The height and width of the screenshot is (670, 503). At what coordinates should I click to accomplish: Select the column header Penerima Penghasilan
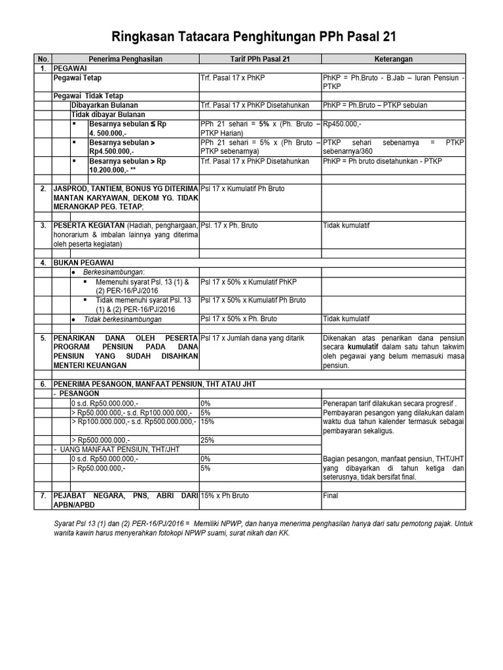coord(126,59)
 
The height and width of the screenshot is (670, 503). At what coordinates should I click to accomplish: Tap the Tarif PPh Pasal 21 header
coord(259,59)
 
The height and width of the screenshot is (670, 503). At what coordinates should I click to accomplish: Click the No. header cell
coord(43,59)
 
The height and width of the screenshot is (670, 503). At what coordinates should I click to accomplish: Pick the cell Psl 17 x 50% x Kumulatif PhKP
coord(253,281)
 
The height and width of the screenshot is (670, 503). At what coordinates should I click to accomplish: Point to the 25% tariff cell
coord(208,440)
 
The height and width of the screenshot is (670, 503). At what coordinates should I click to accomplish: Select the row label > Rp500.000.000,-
coord(100,440)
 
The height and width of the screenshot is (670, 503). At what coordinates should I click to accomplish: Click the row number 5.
coord(43,338)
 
